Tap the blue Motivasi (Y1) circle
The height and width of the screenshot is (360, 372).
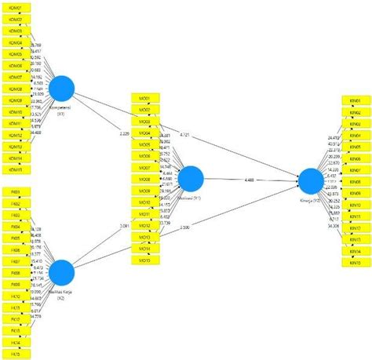pos(191,180)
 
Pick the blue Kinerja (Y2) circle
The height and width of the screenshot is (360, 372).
pos(311,180)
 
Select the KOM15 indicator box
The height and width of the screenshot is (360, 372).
pos(16,169)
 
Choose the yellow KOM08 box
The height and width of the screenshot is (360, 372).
pos(16,89)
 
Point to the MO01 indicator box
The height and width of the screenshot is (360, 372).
pos(146,99)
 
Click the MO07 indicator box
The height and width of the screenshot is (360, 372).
pos(146,168)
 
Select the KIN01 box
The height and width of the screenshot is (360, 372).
pos(356,101)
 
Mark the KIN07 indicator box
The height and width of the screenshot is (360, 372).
pos(356,170)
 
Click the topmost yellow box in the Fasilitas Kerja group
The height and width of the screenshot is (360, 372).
pos(16,191)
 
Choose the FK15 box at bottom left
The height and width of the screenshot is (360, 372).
pos(16,354)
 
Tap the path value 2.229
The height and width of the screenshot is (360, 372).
pos(125,133)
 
